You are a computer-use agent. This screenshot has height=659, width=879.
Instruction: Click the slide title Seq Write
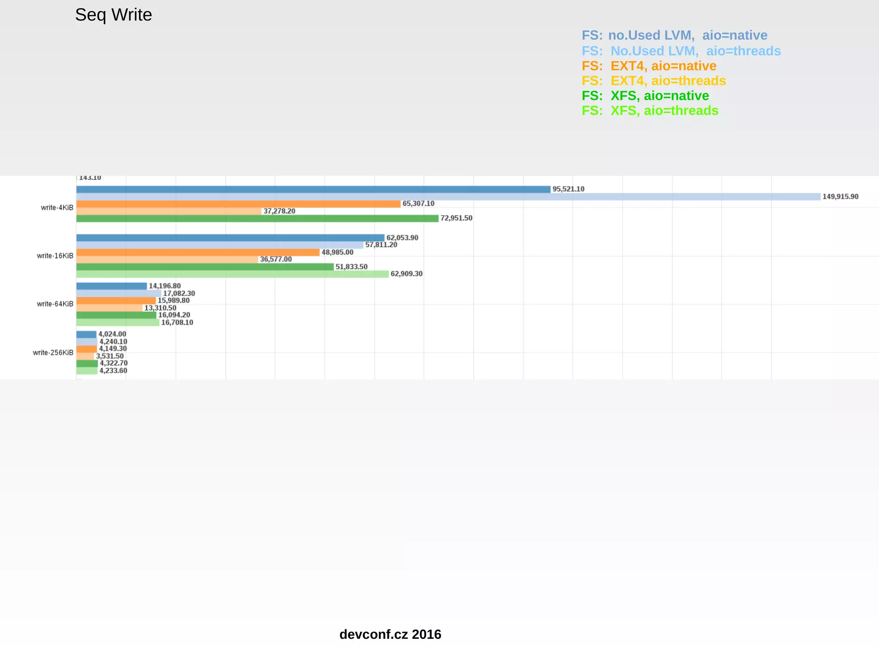point(113,15)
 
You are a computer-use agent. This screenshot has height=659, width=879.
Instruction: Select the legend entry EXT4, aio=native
point(649,66)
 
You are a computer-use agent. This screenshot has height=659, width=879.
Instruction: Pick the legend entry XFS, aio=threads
point(650,111)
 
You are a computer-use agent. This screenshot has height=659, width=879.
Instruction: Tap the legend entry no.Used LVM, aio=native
point(674,35)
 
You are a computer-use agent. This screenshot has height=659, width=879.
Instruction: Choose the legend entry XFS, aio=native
point(645,96)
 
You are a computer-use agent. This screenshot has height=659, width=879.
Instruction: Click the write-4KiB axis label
point(57,208)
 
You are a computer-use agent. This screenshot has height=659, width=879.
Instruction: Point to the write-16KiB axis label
point(55,256)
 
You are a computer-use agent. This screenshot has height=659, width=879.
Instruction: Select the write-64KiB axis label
point(55,304)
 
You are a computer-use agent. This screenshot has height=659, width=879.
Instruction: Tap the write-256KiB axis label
point(53,353)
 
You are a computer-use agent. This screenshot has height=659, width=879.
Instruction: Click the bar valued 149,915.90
point(448,197)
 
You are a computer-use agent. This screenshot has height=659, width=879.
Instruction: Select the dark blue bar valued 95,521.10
point(313,189)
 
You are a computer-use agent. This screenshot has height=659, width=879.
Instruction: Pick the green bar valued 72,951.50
point(258,219)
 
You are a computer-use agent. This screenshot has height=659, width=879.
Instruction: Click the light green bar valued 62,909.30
point(232,274)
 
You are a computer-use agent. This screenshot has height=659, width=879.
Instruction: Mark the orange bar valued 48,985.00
point(198,252)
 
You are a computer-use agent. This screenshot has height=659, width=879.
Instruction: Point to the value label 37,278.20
point(279,211)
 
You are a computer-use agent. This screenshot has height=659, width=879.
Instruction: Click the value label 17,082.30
point(179,294)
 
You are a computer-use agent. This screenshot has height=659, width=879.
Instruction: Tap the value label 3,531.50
point(110,356)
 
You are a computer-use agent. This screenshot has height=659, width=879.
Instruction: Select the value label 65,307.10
point(418,204)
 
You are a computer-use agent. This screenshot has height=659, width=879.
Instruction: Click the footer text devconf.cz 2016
point(390,635)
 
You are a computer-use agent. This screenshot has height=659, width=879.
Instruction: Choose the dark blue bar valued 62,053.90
point(230,238)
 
